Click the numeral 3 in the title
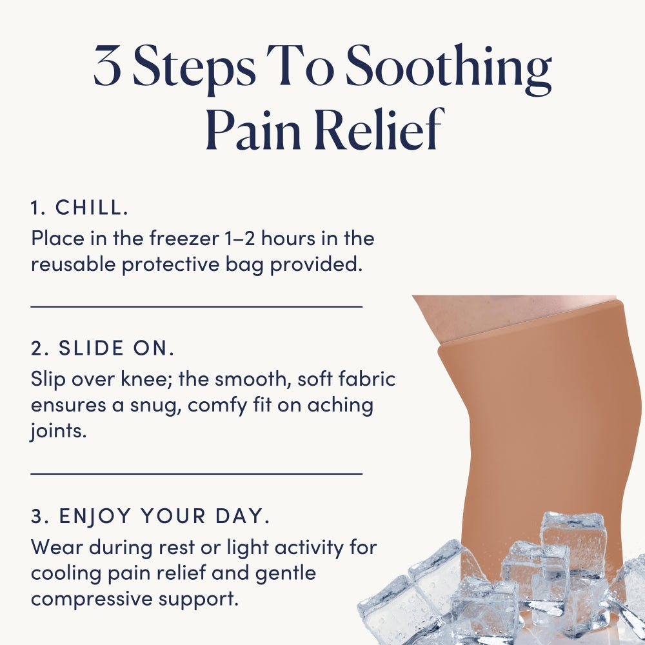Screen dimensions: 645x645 [108, 66]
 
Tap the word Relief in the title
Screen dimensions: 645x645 [381, 129]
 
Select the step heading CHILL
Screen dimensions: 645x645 [92, 207]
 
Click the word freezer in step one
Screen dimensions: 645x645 [184, 238]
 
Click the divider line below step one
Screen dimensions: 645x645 [197, 306]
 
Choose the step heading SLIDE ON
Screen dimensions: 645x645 [117, 348]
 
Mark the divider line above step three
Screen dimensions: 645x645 [197, 473]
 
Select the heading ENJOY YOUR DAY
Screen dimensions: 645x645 [164, 516]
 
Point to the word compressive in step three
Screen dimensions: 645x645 [92, 600]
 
